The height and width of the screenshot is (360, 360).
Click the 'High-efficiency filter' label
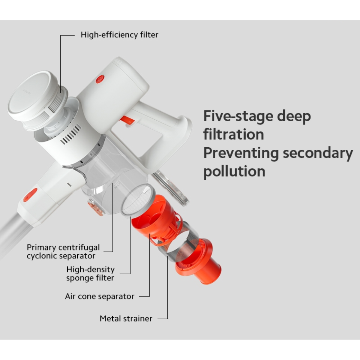point(119,35)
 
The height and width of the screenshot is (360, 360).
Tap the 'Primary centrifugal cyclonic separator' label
point(63,251)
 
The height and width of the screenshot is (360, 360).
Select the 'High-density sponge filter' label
point(90,274)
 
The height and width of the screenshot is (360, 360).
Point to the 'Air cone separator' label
point(100,296)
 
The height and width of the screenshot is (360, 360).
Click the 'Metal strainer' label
point(126,319)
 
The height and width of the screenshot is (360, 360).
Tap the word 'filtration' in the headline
point(233,134)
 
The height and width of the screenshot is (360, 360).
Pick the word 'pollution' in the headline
point(234,172)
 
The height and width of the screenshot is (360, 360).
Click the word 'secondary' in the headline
point(318,153)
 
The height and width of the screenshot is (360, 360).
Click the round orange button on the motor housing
point(100,79)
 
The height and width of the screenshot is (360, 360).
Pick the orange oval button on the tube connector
point(30,195)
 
